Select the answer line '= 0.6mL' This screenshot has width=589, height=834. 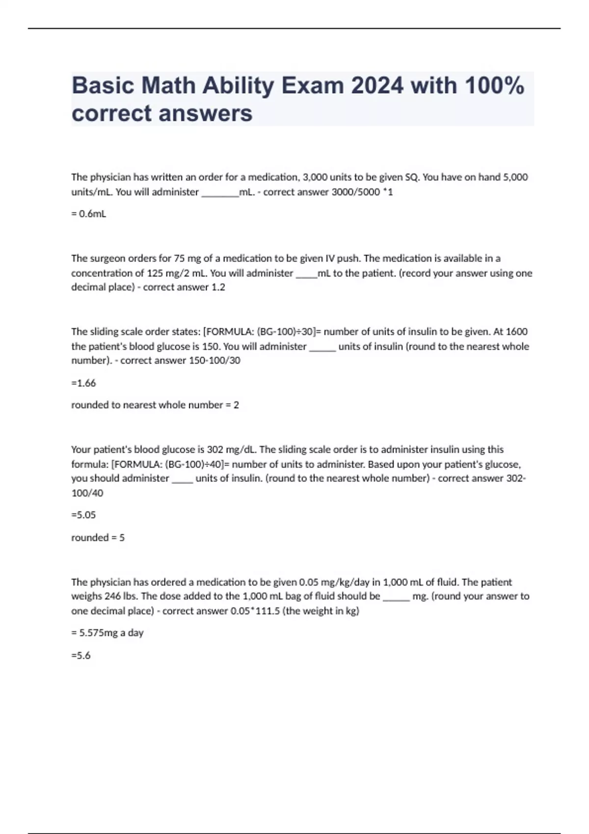pos(89,214)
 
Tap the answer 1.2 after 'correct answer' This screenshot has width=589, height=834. pos(218,287)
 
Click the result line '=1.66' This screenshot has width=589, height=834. pos(83,383)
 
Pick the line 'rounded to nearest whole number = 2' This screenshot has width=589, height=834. pos(155,405)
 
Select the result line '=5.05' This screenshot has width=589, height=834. pos(83,515)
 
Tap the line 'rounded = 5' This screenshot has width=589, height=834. pos(98,537)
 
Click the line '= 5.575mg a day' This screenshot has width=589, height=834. pos(107,633)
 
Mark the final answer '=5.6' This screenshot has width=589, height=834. pos(81,655)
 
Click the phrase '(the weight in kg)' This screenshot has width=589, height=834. pos(321,611)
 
